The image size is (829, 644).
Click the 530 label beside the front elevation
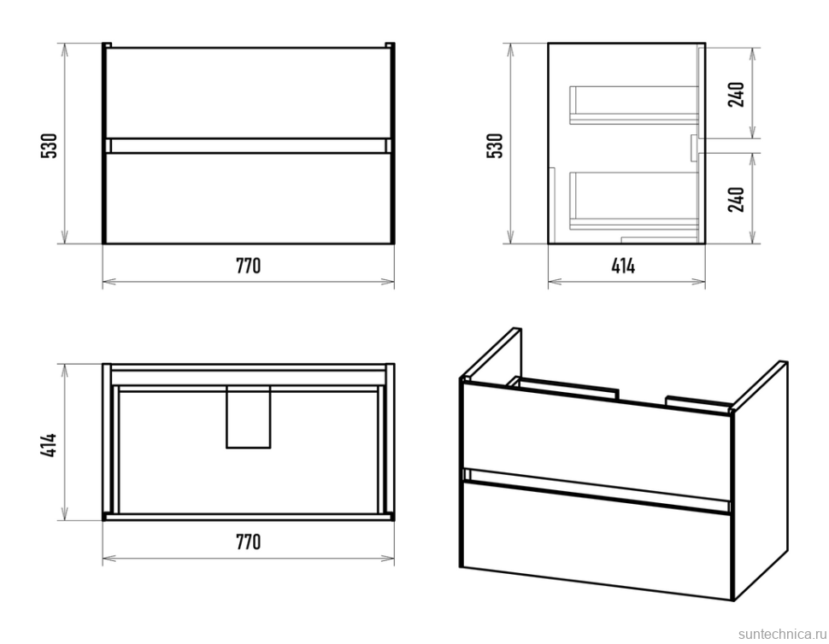pos(50,145)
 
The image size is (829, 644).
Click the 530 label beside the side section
pos(495,145)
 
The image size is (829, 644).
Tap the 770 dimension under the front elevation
pos(248,266)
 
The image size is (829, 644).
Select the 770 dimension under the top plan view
pos(248,542)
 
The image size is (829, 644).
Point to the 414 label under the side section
pos(623,266)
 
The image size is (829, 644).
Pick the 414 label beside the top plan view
pos(50,442)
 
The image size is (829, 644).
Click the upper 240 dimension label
pos(737,92)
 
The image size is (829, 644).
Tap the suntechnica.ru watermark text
pos(778,631)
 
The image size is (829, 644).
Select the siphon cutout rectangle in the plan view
pos(248,416)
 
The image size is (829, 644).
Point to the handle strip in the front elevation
pos(248,145)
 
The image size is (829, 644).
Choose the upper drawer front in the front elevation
pos(248,92)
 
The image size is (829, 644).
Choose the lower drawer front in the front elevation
pos(248,198)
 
